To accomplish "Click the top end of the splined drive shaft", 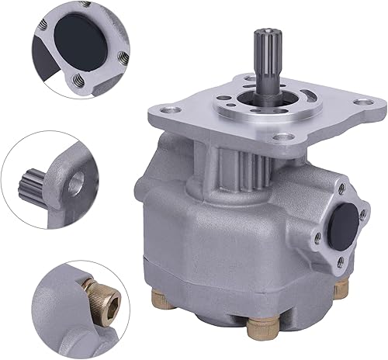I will click(x=260, y=32).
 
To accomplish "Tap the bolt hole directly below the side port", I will click(x=340, y=262).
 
